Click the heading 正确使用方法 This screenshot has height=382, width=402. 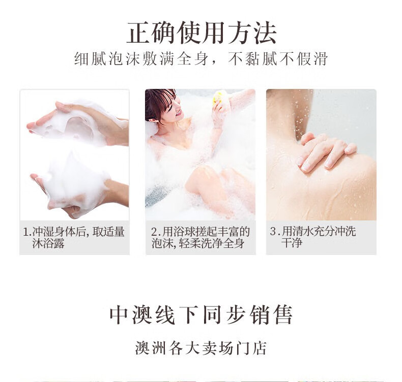[202, 33]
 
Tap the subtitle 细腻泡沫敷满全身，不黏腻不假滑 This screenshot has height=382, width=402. [201, 58]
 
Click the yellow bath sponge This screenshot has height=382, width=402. [218, 98]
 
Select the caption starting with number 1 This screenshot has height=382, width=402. [74, 237]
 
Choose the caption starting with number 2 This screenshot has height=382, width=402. [200, 237]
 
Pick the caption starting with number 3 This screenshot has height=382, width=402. [313, 237]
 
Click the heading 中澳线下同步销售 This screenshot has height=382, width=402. [202, 314]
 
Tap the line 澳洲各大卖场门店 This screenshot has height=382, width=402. [201, 348]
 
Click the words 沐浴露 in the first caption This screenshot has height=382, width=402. [48, 243]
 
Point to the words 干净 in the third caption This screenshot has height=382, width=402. [292, 242]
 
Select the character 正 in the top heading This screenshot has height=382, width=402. [138, 33]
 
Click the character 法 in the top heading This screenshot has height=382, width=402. [265, 33]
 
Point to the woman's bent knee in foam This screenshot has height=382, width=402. [203, 177]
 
